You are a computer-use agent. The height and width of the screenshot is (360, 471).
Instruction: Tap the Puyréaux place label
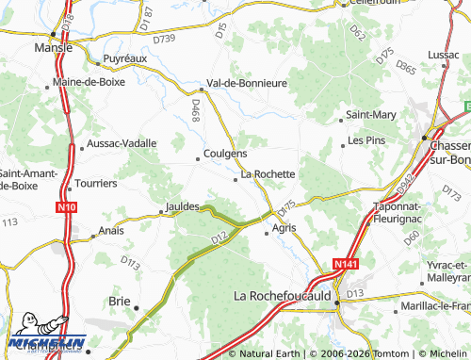click(125, 58)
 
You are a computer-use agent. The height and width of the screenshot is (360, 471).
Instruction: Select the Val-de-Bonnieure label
click(247, 83)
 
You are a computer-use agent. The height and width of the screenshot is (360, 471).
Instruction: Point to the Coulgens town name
click(226, 154)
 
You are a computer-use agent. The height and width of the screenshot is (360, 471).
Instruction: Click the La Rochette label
click(268, 174)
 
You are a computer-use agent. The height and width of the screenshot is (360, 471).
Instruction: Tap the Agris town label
click(284, 228)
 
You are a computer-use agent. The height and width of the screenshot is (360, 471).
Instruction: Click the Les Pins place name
click(366, 140)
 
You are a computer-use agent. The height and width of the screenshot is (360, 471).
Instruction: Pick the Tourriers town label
click(97, 183)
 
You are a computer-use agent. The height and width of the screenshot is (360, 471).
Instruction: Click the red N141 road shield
click(346, 266)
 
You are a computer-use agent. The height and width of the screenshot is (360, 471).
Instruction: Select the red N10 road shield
click(65, 206)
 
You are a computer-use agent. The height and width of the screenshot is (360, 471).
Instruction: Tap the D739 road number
click(164, 39)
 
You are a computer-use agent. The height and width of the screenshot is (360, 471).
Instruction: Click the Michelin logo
click(47, 342)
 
